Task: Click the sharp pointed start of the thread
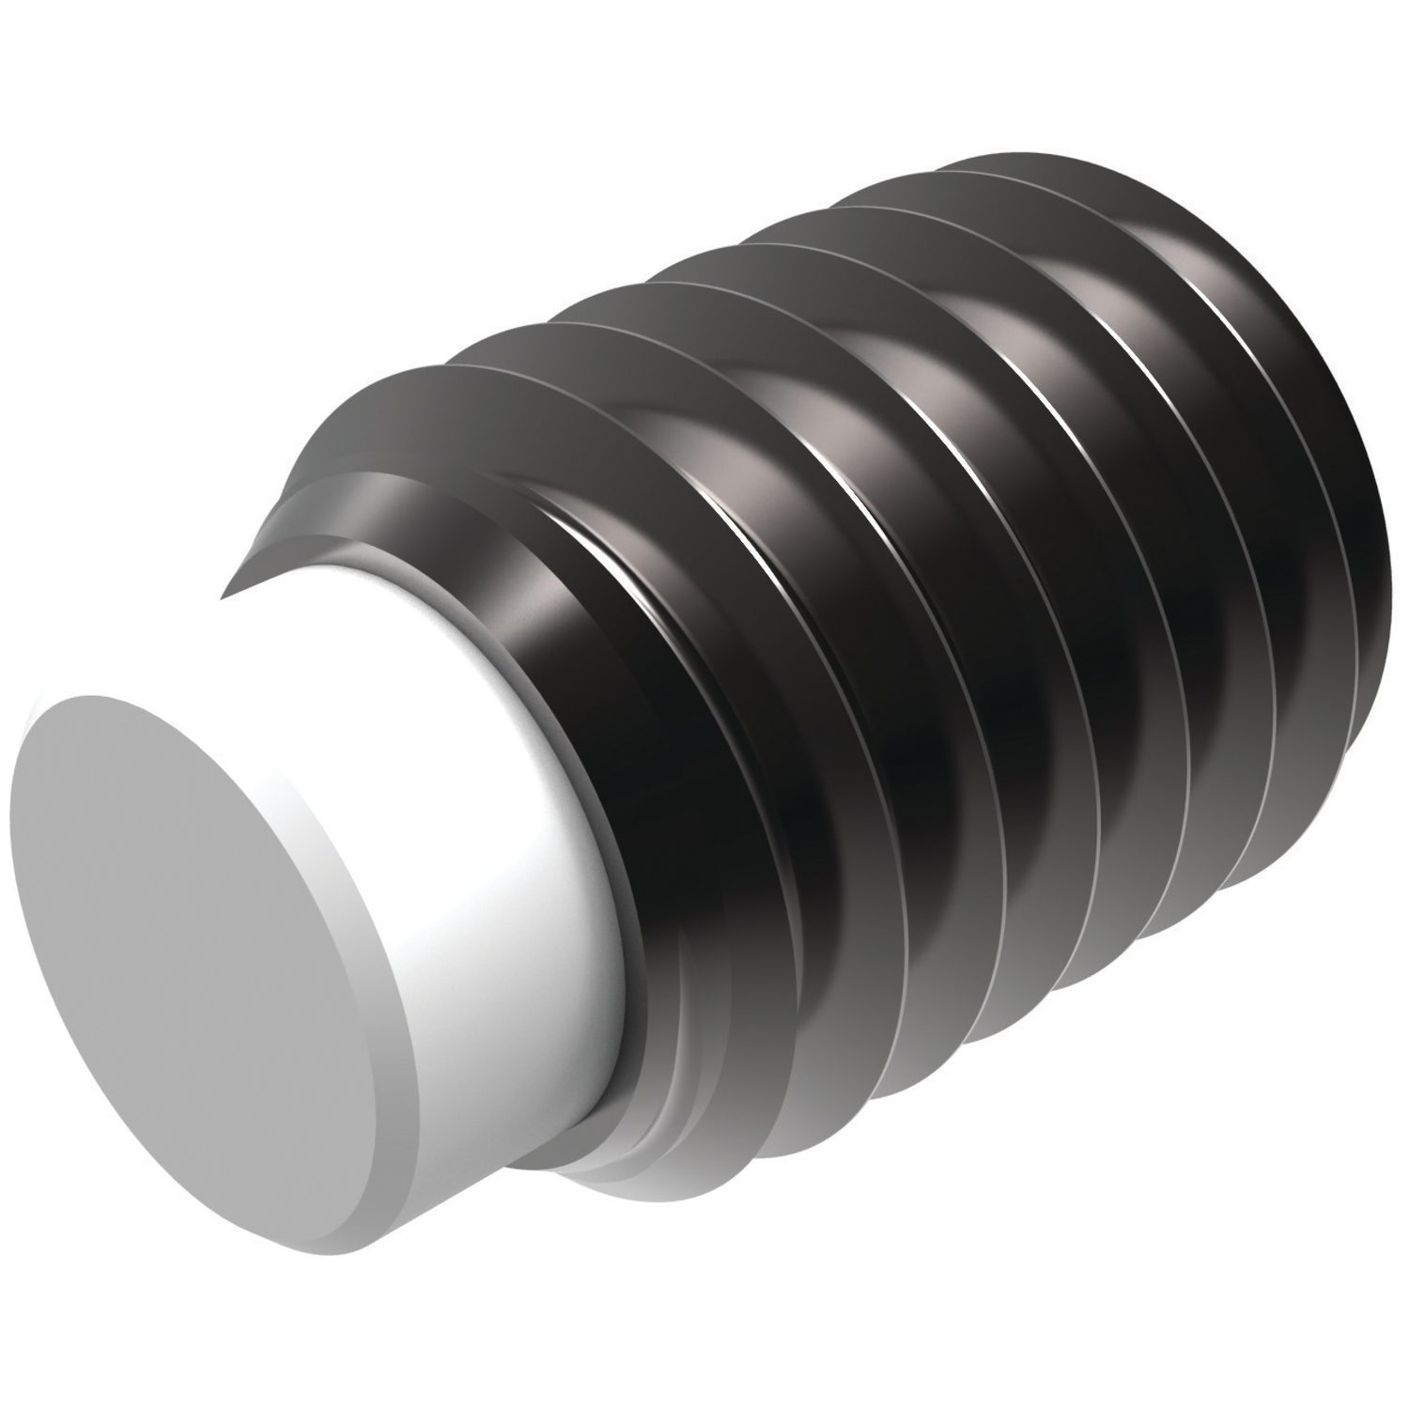pyautogui.click(x=225, y=596)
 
